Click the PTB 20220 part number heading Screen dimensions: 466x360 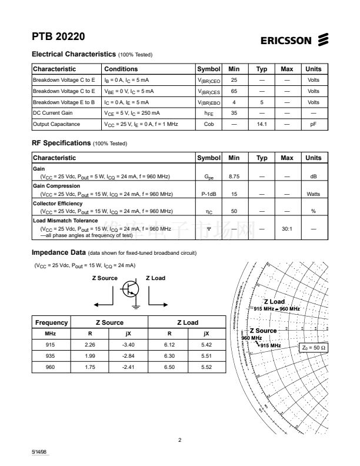coord(58,36)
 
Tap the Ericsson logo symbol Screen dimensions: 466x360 coord(323,39)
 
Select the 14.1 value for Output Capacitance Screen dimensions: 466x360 coord(262,124)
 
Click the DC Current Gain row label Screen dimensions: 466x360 coord(52,113)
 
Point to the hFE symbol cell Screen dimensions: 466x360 coord(208,113)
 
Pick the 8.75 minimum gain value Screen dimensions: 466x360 coord(234,177)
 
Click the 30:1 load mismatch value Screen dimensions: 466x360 coord(287,228)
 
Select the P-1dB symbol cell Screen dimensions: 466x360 coord(208,194)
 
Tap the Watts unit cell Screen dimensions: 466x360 coord(314,194)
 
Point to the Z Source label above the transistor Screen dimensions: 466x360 coord(105,278)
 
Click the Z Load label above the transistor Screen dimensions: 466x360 coord(155,278)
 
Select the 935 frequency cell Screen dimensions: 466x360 coord(50,355)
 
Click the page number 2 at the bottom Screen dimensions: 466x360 coord(180,440)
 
